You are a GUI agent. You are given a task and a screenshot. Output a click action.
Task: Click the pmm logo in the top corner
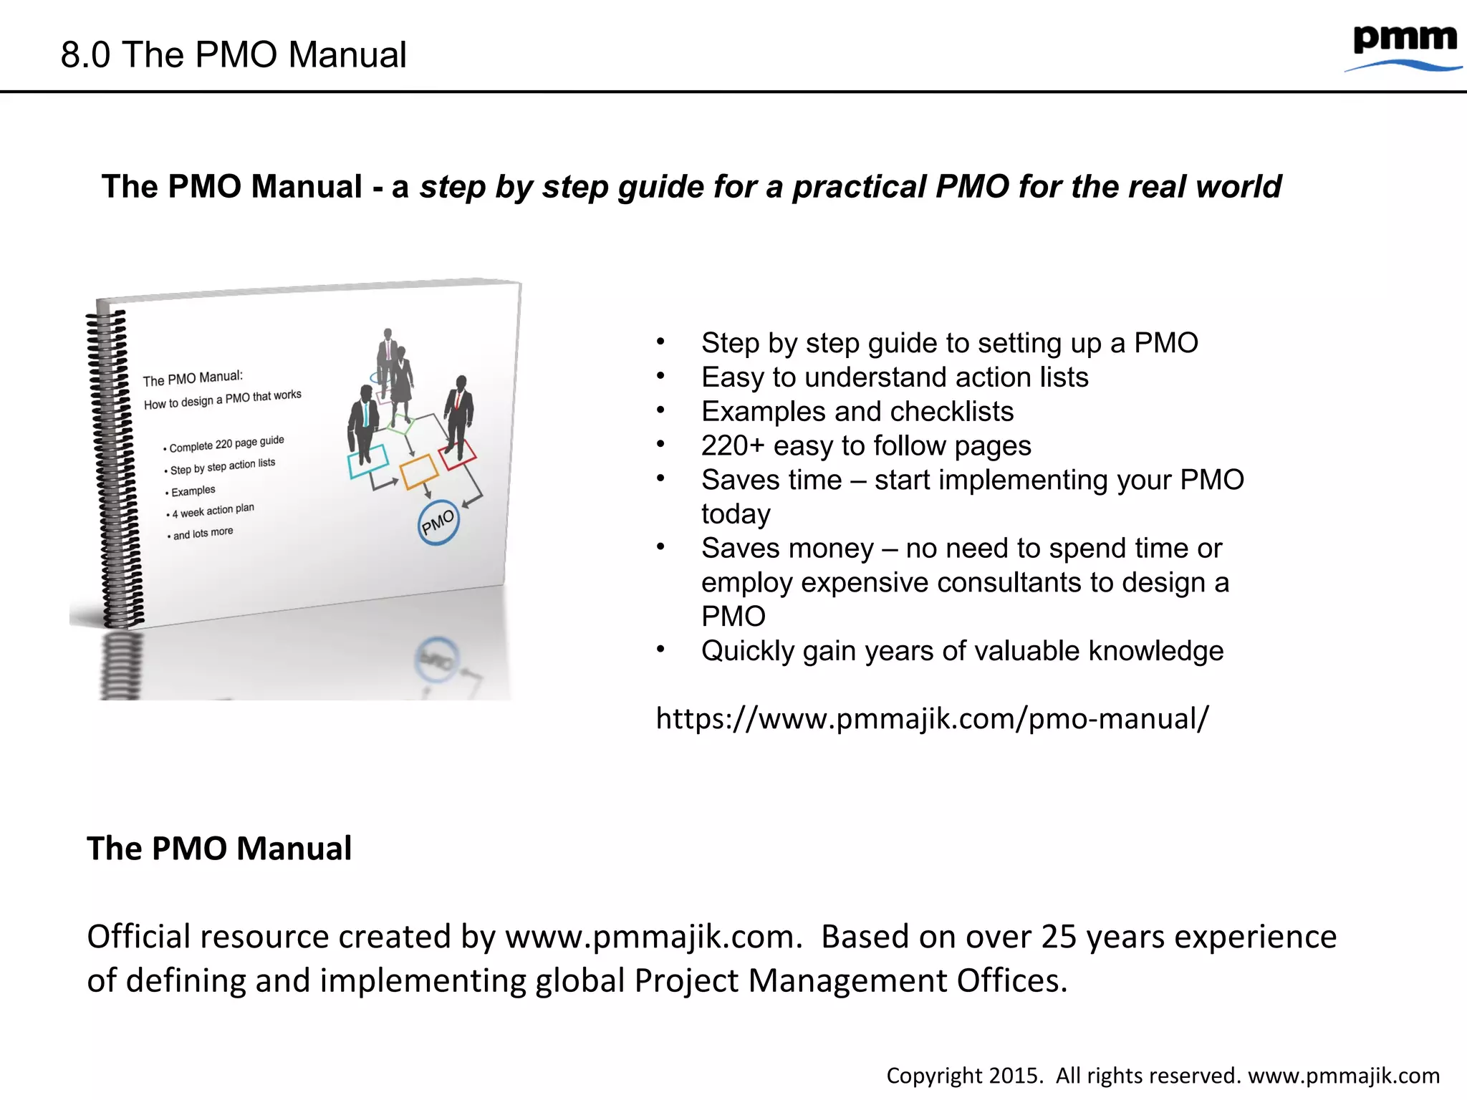[x=1404, y=47]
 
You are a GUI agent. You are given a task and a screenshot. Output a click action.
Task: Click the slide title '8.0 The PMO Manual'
[x=234, y=55]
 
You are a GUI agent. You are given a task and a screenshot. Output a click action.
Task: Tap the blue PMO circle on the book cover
[x=438, y=522]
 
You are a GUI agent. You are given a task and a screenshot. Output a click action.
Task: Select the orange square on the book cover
[x=418, y=471]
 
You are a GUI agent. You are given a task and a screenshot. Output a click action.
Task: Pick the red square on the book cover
[x=457, y=454]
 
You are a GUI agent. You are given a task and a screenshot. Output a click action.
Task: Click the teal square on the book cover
[x=368, y=460]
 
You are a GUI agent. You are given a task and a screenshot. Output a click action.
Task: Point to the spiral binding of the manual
[x=115, y=465]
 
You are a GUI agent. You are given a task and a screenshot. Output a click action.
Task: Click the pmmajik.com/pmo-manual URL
[x=932, y=718]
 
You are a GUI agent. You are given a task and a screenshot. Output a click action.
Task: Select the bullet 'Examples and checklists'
[x=857, y=412]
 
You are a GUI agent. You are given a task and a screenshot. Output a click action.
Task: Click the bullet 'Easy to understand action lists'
[x=894, y=377]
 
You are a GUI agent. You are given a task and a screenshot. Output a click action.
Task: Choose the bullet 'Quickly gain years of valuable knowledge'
[x=962, y=651]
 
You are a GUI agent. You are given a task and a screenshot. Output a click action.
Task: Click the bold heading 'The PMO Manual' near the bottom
[x=219, y=849]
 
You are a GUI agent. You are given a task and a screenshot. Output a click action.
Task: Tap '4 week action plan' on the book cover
[x=213, y=511]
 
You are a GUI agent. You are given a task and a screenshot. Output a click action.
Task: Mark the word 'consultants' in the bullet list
[x=1012, y=583]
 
